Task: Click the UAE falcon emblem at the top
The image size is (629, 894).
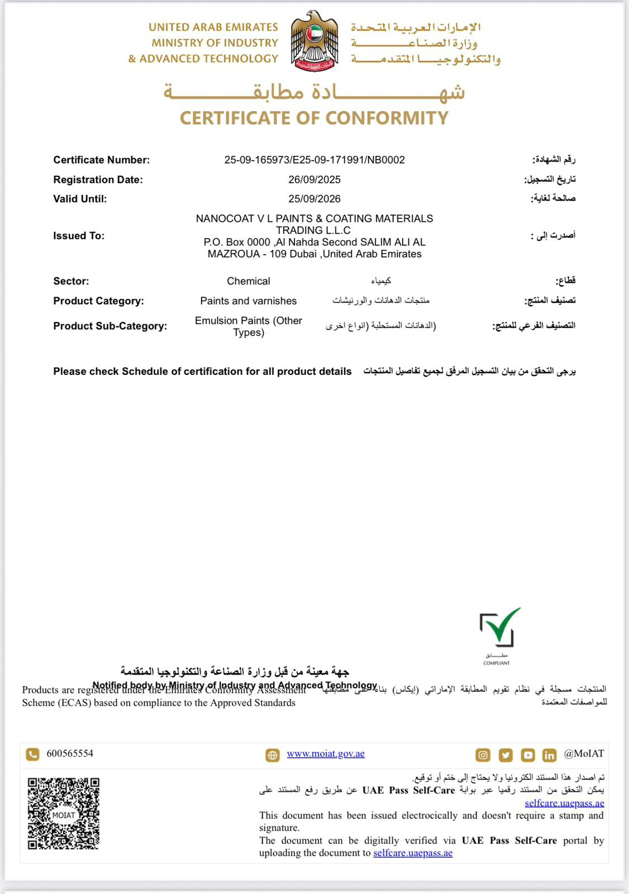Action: click(314, 41)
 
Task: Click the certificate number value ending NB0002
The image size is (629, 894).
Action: click(314, 160)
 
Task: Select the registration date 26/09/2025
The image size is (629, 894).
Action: click(314, 179)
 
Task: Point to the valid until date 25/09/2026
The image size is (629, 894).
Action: click(314, 199)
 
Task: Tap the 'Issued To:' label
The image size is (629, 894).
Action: click(79, 236)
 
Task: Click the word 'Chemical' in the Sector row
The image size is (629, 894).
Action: click(248, 281)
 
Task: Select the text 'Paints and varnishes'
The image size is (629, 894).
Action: click(248, 301)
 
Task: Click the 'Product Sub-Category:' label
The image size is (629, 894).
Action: click(110, 326)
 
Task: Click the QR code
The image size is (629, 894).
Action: click(64, 814)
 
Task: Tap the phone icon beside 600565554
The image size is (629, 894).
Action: click(33, 754)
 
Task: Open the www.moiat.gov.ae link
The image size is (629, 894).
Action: click(326, 754)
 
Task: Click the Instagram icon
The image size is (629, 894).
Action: click(483, 755)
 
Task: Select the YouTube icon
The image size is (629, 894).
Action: click(527, 755)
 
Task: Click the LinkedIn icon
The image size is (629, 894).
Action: click(549, 755)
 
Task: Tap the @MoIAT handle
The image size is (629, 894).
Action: click(584, 754)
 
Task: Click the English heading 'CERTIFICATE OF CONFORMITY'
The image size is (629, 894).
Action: click(314, 118)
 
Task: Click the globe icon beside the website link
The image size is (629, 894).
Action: click(273, 755)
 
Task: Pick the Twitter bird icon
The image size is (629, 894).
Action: click(505, 755)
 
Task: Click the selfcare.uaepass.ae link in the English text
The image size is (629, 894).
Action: click(413, 853)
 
